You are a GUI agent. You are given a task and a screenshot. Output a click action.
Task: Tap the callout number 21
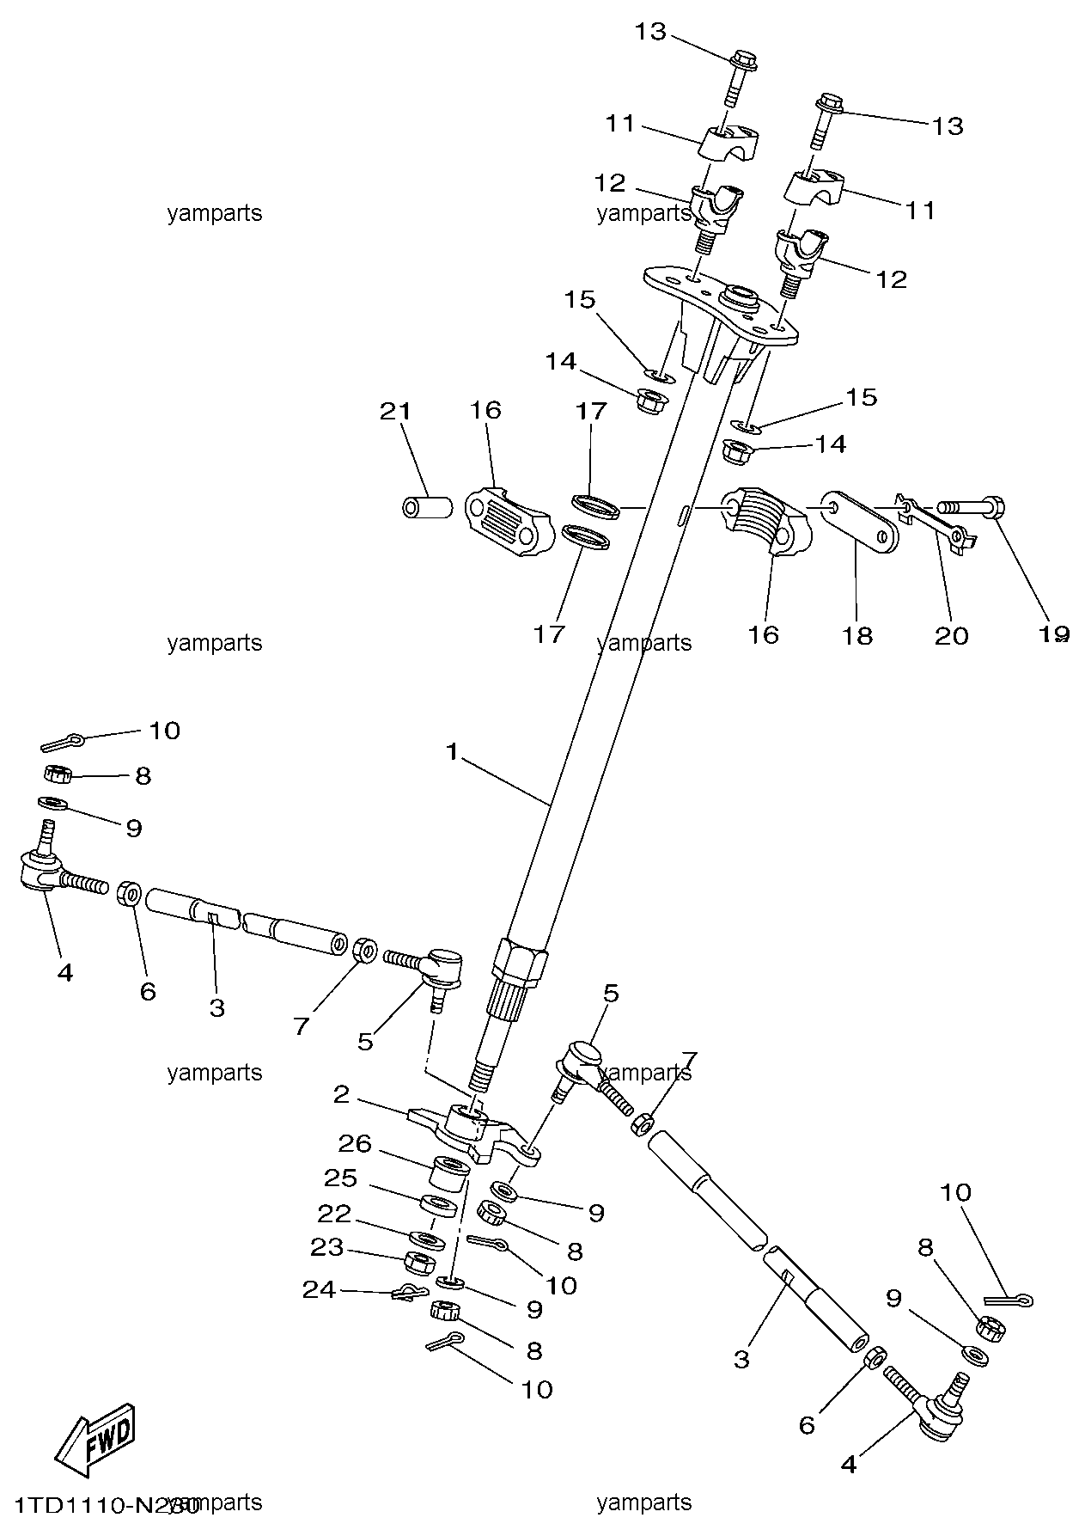(396, 411)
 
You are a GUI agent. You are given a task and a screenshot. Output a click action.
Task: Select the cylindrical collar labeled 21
(427, 506)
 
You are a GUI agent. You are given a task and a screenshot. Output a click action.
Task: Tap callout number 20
(951, 635)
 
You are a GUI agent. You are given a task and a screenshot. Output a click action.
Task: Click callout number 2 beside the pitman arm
(342, 1094)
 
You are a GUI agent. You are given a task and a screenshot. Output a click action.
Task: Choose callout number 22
(334, 1213)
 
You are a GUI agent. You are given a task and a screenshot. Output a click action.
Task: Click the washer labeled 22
(427, 1240)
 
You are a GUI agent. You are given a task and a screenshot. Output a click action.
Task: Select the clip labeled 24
(409, 1291)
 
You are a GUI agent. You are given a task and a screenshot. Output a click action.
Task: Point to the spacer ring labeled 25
(439, 1203)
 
